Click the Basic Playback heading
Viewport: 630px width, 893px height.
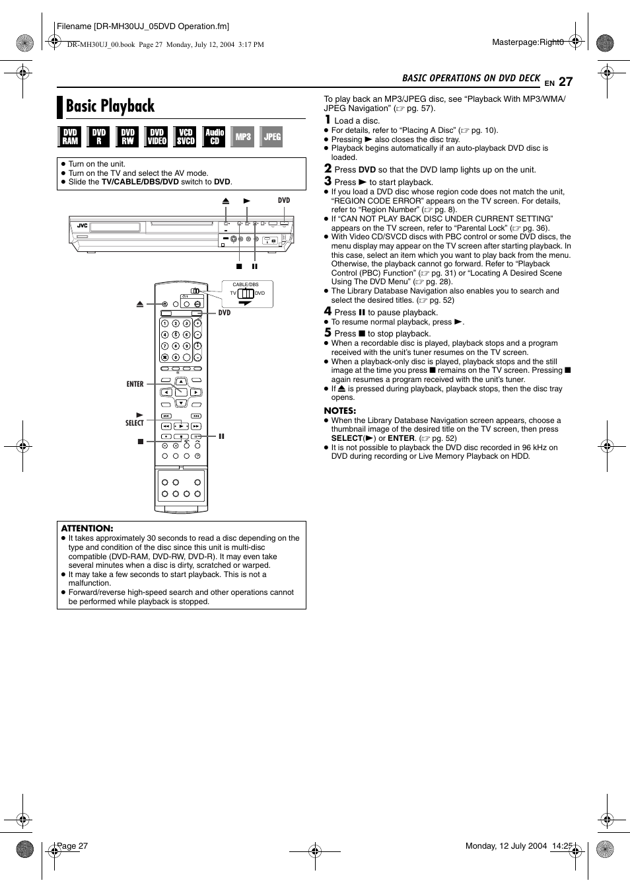(110, 106)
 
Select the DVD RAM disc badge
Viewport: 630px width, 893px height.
(70, 137)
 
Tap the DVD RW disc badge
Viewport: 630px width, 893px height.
(127, 137)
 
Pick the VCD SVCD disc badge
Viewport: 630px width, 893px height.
(186, 137)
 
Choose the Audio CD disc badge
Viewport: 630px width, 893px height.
(214, 137)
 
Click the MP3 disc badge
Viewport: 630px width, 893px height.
(243, 137)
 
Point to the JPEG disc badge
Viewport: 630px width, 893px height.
(272, 137)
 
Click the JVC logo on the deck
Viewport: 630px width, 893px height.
(83, 226)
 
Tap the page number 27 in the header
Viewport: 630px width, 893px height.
(565, 82)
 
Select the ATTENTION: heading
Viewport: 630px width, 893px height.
(87, 528)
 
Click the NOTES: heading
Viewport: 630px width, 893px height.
(339, 410)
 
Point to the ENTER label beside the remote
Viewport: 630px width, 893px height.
(135, 384)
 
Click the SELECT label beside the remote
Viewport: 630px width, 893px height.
(134, 423)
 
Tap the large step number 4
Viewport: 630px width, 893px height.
(328, 311)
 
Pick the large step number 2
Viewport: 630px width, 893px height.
(328, 169)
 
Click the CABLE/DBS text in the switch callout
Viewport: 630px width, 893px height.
(246, 285)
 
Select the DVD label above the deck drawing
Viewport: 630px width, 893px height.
(284, 200)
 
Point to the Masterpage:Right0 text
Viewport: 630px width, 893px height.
(528, 42)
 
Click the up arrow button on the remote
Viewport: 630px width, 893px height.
(181, 382)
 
